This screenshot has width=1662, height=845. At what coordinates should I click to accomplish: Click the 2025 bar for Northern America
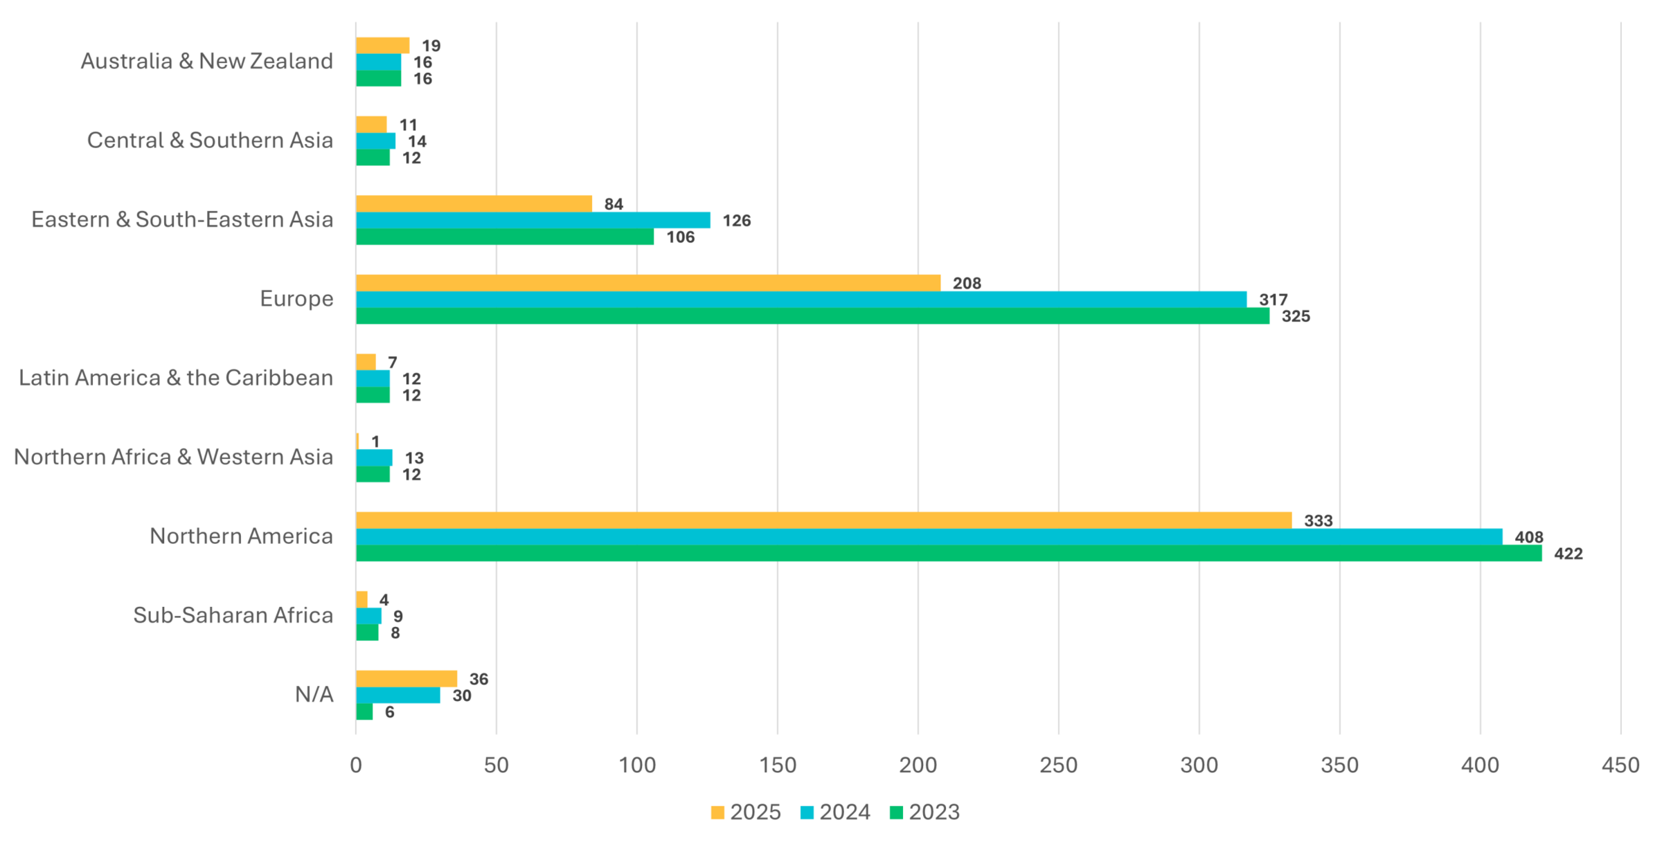tap(823, 520)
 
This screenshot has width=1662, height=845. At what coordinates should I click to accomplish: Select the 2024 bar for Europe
tap(801, 300)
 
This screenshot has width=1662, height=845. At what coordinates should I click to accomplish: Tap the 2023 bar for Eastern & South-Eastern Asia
tap(505, 237)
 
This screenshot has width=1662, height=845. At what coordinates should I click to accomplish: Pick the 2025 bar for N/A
tap(406, 679)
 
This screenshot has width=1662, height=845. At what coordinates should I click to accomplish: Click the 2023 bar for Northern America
tap(949, 554)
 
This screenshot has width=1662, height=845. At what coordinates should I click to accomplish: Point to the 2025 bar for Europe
tap(648, 283)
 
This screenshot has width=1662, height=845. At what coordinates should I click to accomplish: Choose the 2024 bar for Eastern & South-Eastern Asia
tap(533, 220)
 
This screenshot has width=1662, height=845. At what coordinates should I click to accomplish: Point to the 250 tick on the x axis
tap(1059, 765)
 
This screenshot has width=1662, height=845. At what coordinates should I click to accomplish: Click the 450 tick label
tap(1620, 765)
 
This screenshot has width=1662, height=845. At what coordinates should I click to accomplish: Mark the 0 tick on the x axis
tap(356, 765)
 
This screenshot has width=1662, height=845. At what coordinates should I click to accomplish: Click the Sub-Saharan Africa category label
tap(233, 615)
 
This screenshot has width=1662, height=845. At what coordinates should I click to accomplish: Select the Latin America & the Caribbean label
tap(176, 378)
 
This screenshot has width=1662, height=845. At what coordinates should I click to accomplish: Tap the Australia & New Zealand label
tap(207, 62)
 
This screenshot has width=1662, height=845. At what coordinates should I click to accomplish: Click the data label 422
tap(1569, 554)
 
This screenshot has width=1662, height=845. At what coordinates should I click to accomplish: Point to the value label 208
tap(967, 284)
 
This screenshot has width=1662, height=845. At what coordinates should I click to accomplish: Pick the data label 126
tap(737, 221)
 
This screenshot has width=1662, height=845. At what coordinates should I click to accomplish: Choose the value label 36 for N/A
tap(479, 680)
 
